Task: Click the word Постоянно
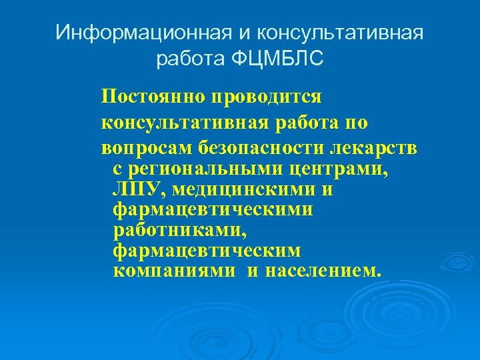click(153, 97)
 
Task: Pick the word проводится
click(267, 97)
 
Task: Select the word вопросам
click(138, 149)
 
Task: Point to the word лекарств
click(381, 149)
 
